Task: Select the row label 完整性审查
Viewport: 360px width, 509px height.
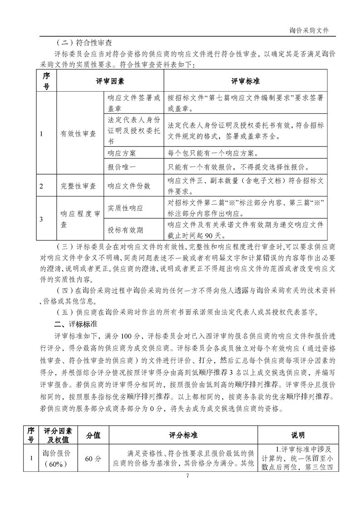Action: pyautogui.click(x=79, y=186)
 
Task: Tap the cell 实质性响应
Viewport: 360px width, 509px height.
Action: pyautogui.click(x=125, y=208)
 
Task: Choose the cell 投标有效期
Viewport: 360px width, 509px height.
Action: pyautogui.click(x=125, y=230)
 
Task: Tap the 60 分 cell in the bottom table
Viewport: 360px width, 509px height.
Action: pyautogui.click(x=93, y=458)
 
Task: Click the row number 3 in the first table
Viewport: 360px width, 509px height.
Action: pyautogui.click(x=41, y=220)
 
